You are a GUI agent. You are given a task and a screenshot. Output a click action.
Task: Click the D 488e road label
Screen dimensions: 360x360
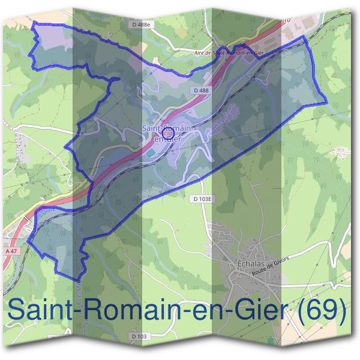point(141,24)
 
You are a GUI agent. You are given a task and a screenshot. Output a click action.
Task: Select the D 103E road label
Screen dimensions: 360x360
point(204,198)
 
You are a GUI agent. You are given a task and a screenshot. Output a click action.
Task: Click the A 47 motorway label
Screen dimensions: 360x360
point(11,251)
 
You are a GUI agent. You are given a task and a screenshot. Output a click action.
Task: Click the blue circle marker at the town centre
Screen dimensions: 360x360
point(169,133)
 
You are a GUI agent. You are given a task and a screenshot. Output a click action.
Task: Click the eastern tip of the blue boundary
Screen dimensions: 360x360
point(327,103)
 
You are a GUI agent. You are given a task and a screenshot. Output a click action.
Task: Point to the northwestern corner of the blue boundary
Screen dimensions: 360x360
point(33,22)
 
